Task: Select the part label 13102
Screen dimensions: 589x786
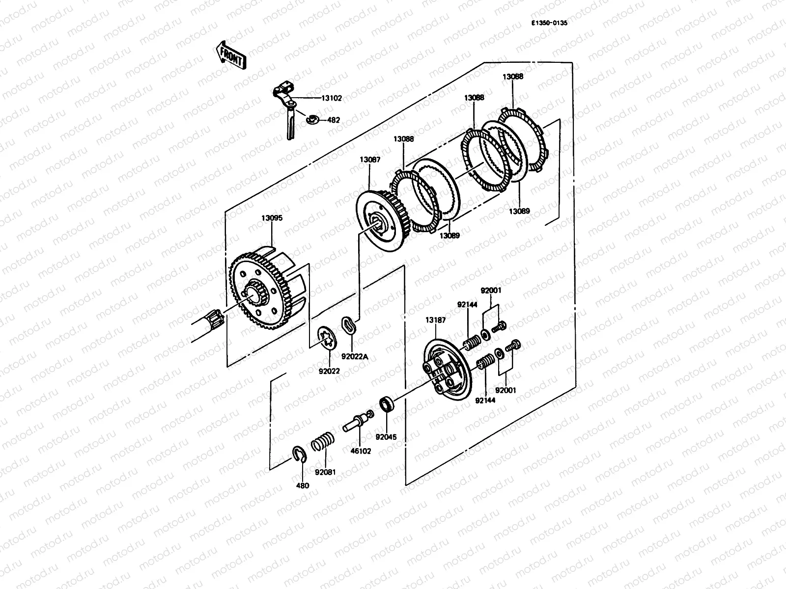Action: [x=332, y=98]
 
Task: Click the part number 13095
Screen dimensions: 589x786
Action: [x=272, y=218]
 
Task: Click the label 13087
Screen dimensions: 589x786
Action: [x=369, y=160]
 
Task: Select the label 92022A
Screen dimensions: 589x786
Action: [x=355, y=357]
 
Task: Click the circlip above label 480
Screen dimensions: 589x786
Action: [x=299, y=454]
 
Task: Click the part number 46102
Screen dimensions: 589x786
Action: [x=361, y=451]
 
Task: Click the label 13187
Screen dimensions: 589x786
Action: [x=435, y=320]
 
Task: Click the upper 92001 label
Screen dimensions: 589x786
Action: [x=491, y=291]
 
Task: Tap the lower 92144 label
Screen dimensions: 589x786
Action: [x=485, y=401]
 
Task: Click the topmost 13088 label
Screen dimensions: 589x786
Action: [x=512, y=77]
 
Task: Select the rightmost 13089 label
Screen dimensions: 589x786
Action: [x=519, y=212]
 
